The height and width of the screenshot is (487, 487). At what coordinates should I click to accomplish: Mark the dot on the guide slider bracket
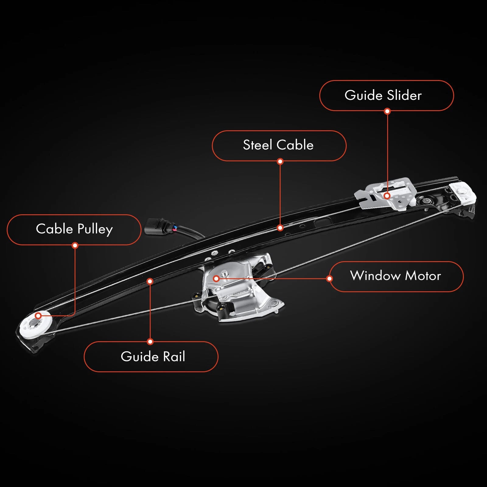click(x=387, y=196)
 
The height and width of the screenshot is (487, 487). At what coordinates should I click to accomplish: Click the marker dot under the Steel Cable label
click(x=280, y=161)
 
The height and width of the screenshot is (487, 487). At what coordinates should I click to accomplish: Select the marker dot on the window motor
click(x=216, y=278)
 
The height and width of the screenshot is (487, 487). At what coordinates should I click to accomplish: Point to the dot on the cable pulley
click(x=38, y=316)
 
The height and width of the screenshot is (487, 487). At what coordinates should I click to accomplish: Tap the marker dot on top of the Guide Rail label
click(x=150, y=342)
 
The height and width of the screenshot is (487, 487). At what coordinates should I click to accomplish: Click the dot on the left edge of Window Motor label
click(x=329, y=278)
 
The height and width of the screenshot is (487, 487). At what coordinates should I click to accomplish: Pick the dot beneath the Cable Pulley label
click(x=75, y=245)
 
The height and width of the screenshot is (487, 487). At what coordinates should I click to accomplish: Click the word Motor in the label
click(x=423, y=276)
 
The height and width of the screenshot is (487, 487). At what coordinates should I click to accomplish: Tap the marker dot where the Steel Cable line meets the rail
click(x=280, y=227)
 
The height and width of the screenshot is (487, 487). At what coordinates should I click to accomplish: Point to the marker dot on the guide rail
click(x=150, y=281)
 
